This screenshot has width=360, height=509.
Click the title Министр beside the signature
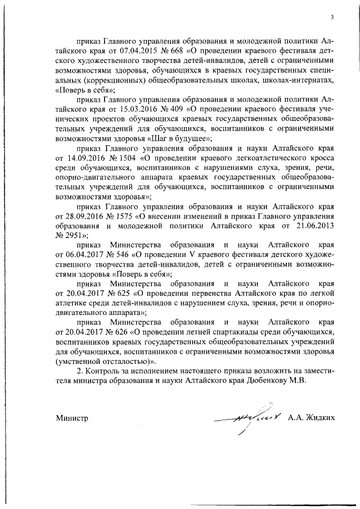point(72,419)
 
